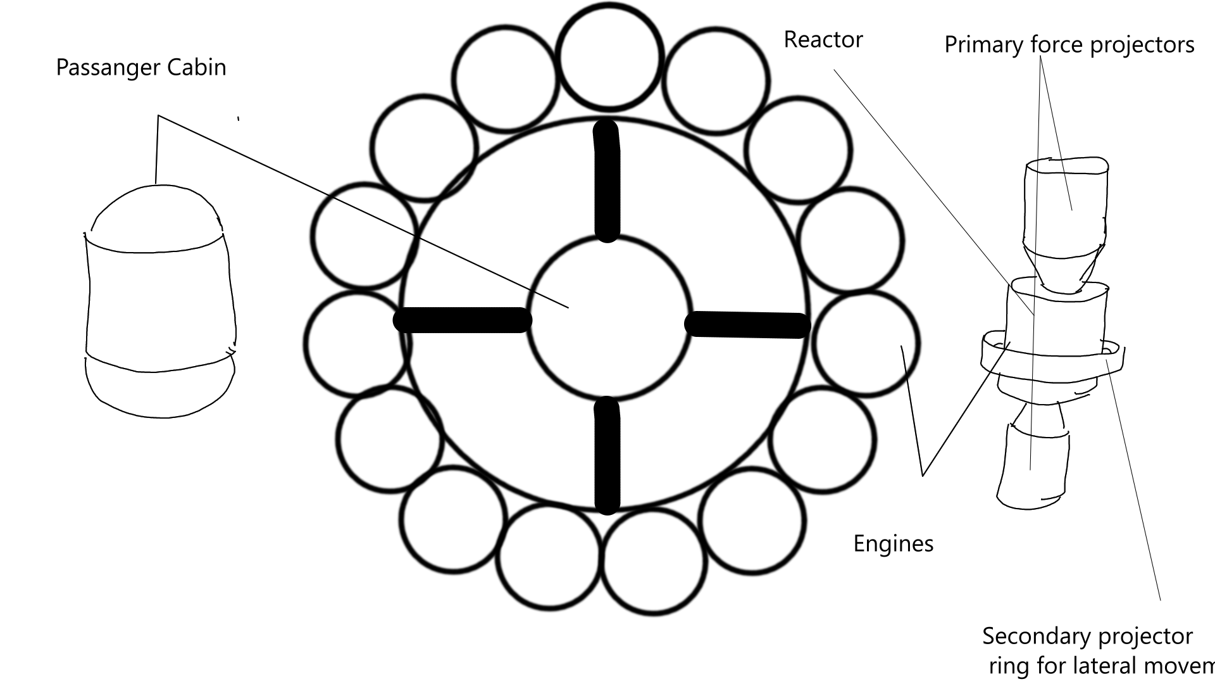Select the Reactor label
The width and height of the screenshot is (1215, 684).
point(823,40)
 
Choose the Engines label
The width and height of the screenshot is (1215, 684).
point(893,544)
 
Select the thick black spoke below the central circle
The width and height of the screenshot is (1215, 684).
point(607,456)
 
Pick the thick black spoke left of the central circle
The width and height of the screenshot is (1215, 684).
point(462,320)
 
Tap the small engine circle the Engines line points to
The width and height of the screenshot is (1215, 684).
point(866,344)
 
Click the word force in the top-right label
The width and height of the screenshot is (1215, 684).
point(1056,45)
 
